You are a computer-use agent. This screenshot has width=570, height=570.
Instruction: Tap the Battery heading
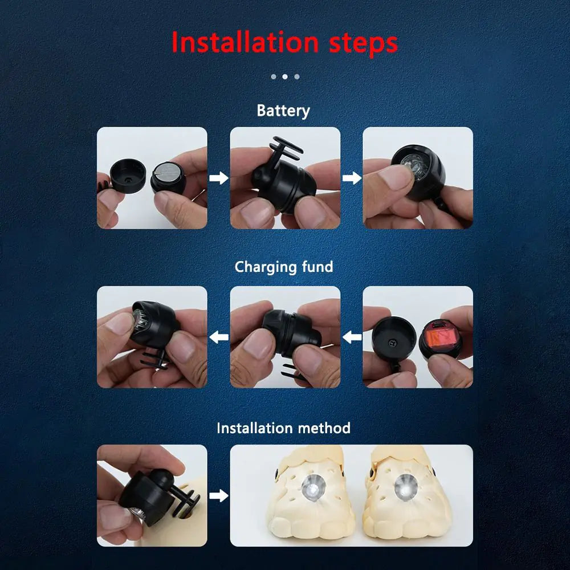(x=283, y=110)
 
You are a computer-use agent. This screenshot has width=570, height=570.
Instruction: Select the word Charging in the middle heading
(x=266, y=267)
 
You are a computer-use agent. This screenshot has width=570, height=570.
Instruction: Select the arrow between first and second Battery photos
(x=218, y=178)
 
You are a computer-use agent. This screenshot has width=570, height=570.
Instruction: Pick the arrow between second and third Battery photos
(x=352, y=178)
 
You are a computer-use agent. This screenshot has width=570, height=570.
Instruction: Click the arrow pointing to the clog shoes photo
(x=218, y=495)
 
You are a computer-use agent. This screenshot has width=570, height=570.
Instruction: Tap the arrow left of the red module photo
(x=352, y=337)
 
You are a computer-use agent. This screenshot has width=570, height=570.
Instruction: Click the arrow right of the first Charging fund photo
(x=218, y=337)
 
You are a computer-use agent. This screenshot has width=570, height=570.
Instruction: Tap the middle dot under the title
(x=284, y=76)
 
